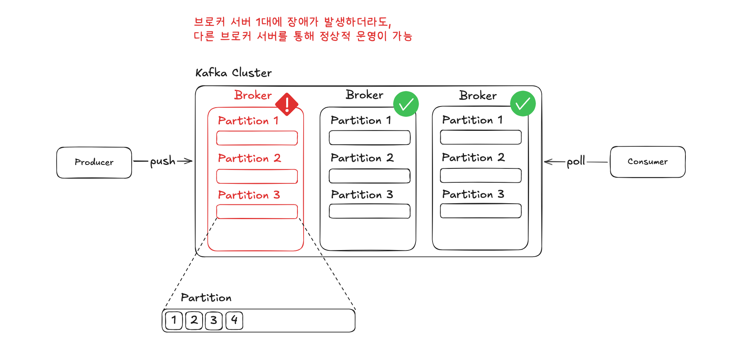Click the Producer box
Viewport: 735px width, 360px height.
(x=94, y=163)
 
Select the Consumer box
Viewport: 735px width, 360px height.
(x=647, y=162)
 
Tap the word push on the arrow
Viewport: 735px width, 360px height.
(x=163, y=161)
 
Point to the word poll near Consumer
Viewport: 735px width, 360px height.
(x=575, y=161)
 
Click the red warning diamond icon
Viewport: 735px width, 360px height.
(x=287, y=104)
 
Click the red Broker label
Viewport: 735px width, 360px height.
(x=253, y=95)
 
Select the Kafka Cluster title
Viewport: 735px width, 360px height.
(x=234, y=73)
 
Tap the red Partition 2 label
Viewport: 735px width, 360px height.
(x=249, y=158)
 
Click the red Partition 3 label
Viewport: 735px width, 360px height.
(x=249, y=195)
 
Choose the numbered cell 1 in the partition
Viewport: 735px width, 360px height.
(x=174, y=321)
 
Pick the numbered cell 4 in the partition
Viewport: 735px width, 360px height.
(x=234, y=321)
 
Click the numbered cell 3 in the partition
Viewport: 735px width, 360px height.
(x=214, y=321)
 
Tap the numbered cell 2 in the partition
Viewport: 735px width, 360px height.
(x=194, y=321)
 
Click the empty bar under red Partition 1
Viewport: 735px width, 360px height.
(x=257, y=138)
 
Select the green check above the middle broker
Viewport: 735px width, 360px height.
(x=406, y=104)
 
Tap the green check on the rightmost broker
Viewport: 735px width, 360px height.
(x=523, y=104)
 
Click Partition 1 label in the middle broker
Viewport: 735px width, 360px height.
(x=361, y=120)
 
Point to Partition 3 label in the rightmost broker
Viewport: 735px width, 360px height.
(x=473, y=194)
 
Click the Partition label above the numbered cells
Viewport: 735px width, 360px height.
(x=206, y=298)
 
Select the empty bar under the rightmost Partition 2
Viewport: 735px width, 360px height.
(x=481, y=175)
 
